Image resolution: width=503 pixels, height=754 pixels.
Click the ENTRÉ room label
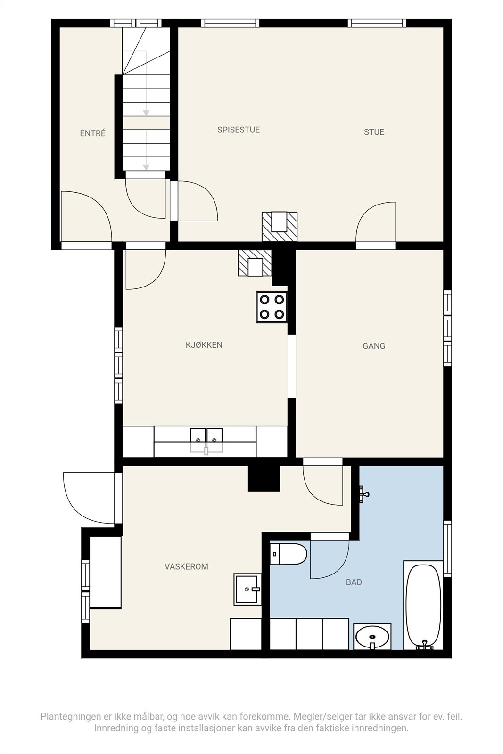pyautogui.click(x=93, y=133)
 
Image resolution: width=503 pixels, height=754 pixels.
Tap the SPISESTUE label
pyautogui.click(x=239, y=130)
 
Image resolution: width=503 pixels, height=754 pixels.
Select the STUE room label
pyautogui.click(x=374, y=132)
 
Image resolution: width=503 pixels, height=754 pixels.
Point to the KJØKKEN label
pyautogui.click(x=204, y=345)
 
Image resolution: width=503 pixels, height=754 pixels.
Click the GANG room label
pyautogui.click(x=374, y=346)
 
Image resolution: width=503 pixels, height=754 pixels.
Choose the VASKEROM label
pyautogui.click(x=186, y=566)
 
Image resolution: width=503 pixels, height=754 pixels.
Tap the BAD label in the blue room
pyautogui.click(x=354, y=582)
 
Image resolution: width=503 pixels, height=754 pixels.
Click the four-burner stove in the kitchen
pyautogui.click(x=272, y=307)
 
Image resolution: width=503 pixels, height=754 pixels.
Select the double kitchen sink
pyautogui.click(x=206, y=439)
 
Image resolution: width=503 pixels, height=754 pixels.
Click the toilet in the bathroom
pyautogui.click(x=289, y=554)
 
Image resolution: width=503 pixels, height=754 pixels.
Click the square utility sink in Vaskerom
pyautogui.click(x=247, y=589)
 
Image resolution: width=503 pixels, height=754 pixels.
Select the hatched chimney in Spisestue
pyautogui.click(x=280, y=227)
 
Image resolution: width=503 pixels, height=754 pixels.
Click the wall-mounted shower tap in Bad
pyautogui.click(x=363, y=494)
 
